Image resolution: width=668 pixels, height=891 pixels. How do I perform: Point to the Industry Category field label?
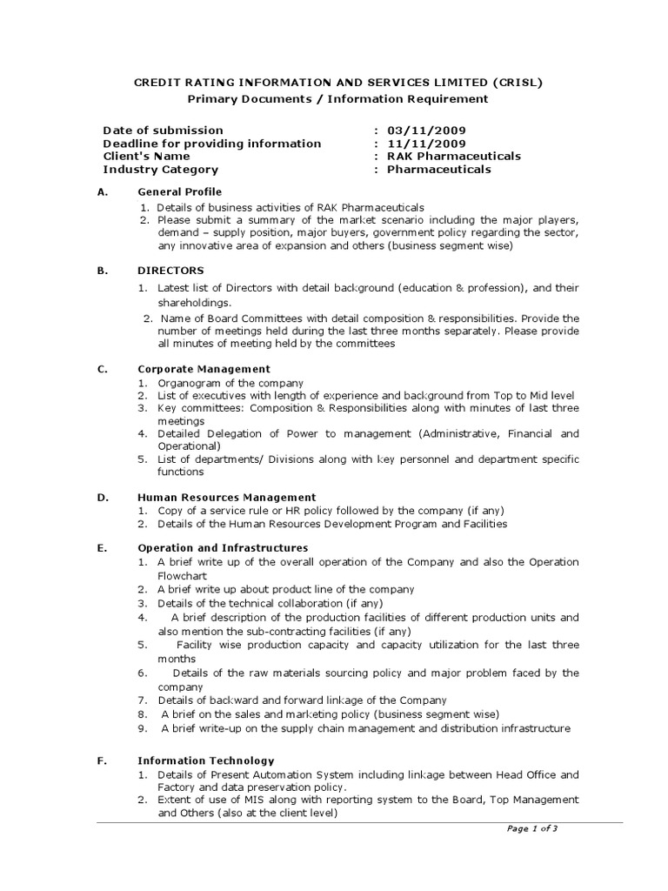point(161,170)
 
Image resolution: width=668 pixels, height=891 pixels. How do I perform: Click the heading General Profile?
point(180,191)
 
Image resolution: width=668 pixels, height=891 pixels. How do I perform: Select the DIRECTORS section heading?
point(171,271)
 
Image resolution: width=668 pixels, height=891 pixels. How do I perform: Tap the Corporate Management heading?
point(204,369)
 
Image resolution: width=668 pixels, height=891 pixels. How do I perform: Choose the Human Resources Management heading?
point(227,497)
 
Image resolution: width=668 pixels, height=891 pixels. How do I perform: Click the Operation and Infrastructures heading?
point(223,548)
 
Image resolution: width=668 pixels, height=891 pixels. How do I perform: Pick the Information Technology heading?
point(206,760)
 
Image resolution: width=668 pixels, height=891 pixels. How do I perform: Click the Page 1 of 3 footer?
point(531,829)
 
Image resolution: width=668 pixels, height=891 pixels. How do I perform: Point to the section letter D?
point(102,497)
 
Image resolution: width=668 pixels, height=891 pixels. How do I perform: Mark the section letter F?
point(102,760)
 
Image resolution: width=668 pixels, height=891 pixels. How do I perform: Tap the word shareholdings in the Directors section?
point(193,303)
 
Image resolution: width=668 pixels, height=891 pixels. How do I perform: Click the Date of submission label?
point(163,131)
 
